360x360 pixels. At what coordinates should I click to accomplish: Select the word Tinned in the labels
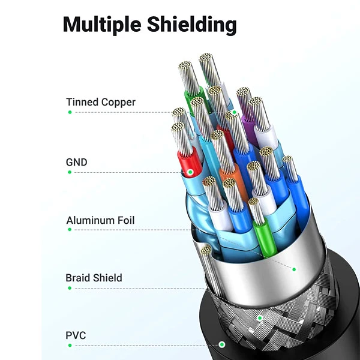[x=82, y=102]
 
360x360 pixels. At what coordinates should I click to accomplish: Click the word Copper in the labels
[x=118, y=102]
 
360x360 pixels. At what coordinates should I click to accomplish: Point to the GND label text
[x=77, y=162]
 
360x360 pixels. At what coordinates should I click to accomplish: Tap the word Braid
[x=79, y=278]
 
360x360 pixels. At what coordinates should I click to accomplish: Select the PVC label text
[x=76, y=335]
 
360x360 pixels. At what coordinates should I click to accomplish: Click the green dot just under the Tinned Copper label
[x=70, y=112]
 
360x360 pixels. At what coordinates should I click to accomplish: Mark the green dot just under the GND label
[x=70, y=172]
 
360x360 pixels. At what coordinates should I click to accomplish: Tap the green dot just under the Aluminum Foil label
[x=70, y=230]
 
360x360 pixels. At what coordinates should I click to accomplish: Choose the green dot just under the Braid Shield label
[x=70, y=288]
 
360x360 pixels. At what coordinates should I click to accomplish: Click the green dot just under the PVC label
[x=70, y=345]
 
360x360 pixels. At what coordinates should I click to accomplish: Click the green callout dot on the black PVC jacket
[x=222, y=345]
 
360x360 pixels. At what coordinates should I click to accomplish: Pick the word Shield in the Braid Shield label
[x=109, y=278]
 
